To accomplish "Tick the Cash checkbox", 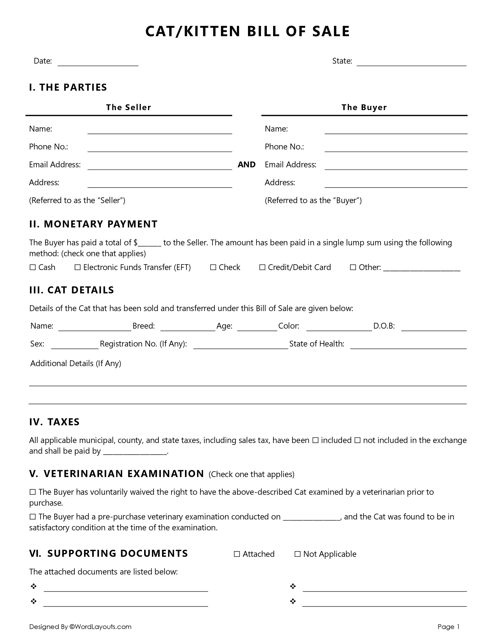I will coord(33,267).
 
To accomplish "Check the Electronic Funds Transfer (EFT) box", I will coord(77,267).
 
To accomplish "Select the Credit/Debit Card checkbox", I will coord(262,267).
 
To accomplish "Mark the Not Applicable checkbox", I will coord(298,554).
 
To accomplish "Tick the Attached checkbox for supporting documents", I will coord(237,554).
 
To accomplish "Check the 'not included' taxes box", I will coord(357,440).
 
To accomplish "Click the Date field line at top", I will coord(98,62).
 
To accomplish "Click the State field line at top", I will coord(411,62).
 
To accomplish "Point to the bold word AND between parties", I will coord(246,165).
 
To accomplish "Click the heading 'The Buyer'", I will coord(364,107).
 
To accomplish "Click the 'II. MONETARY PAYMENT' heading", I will coord(94,224).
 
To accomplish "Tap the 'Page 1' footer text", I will coord(448,627).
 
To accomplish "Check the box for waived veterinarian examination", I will coord(33,492).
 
